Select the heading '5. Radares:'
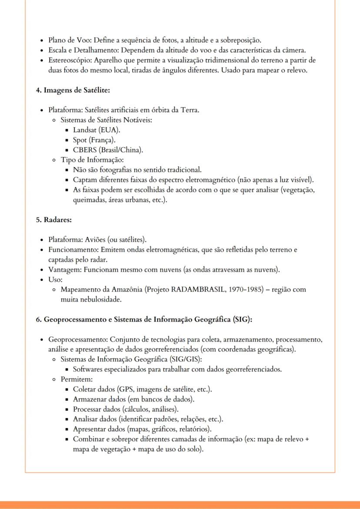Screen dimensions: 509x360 coord(53,220)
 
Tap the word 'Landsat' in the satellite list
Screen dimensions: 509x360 coord(85,130)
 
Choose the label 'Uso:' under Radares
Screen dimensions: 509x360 coord(56,279)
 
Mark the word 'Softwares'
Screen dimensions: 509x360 coord(89,369)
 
